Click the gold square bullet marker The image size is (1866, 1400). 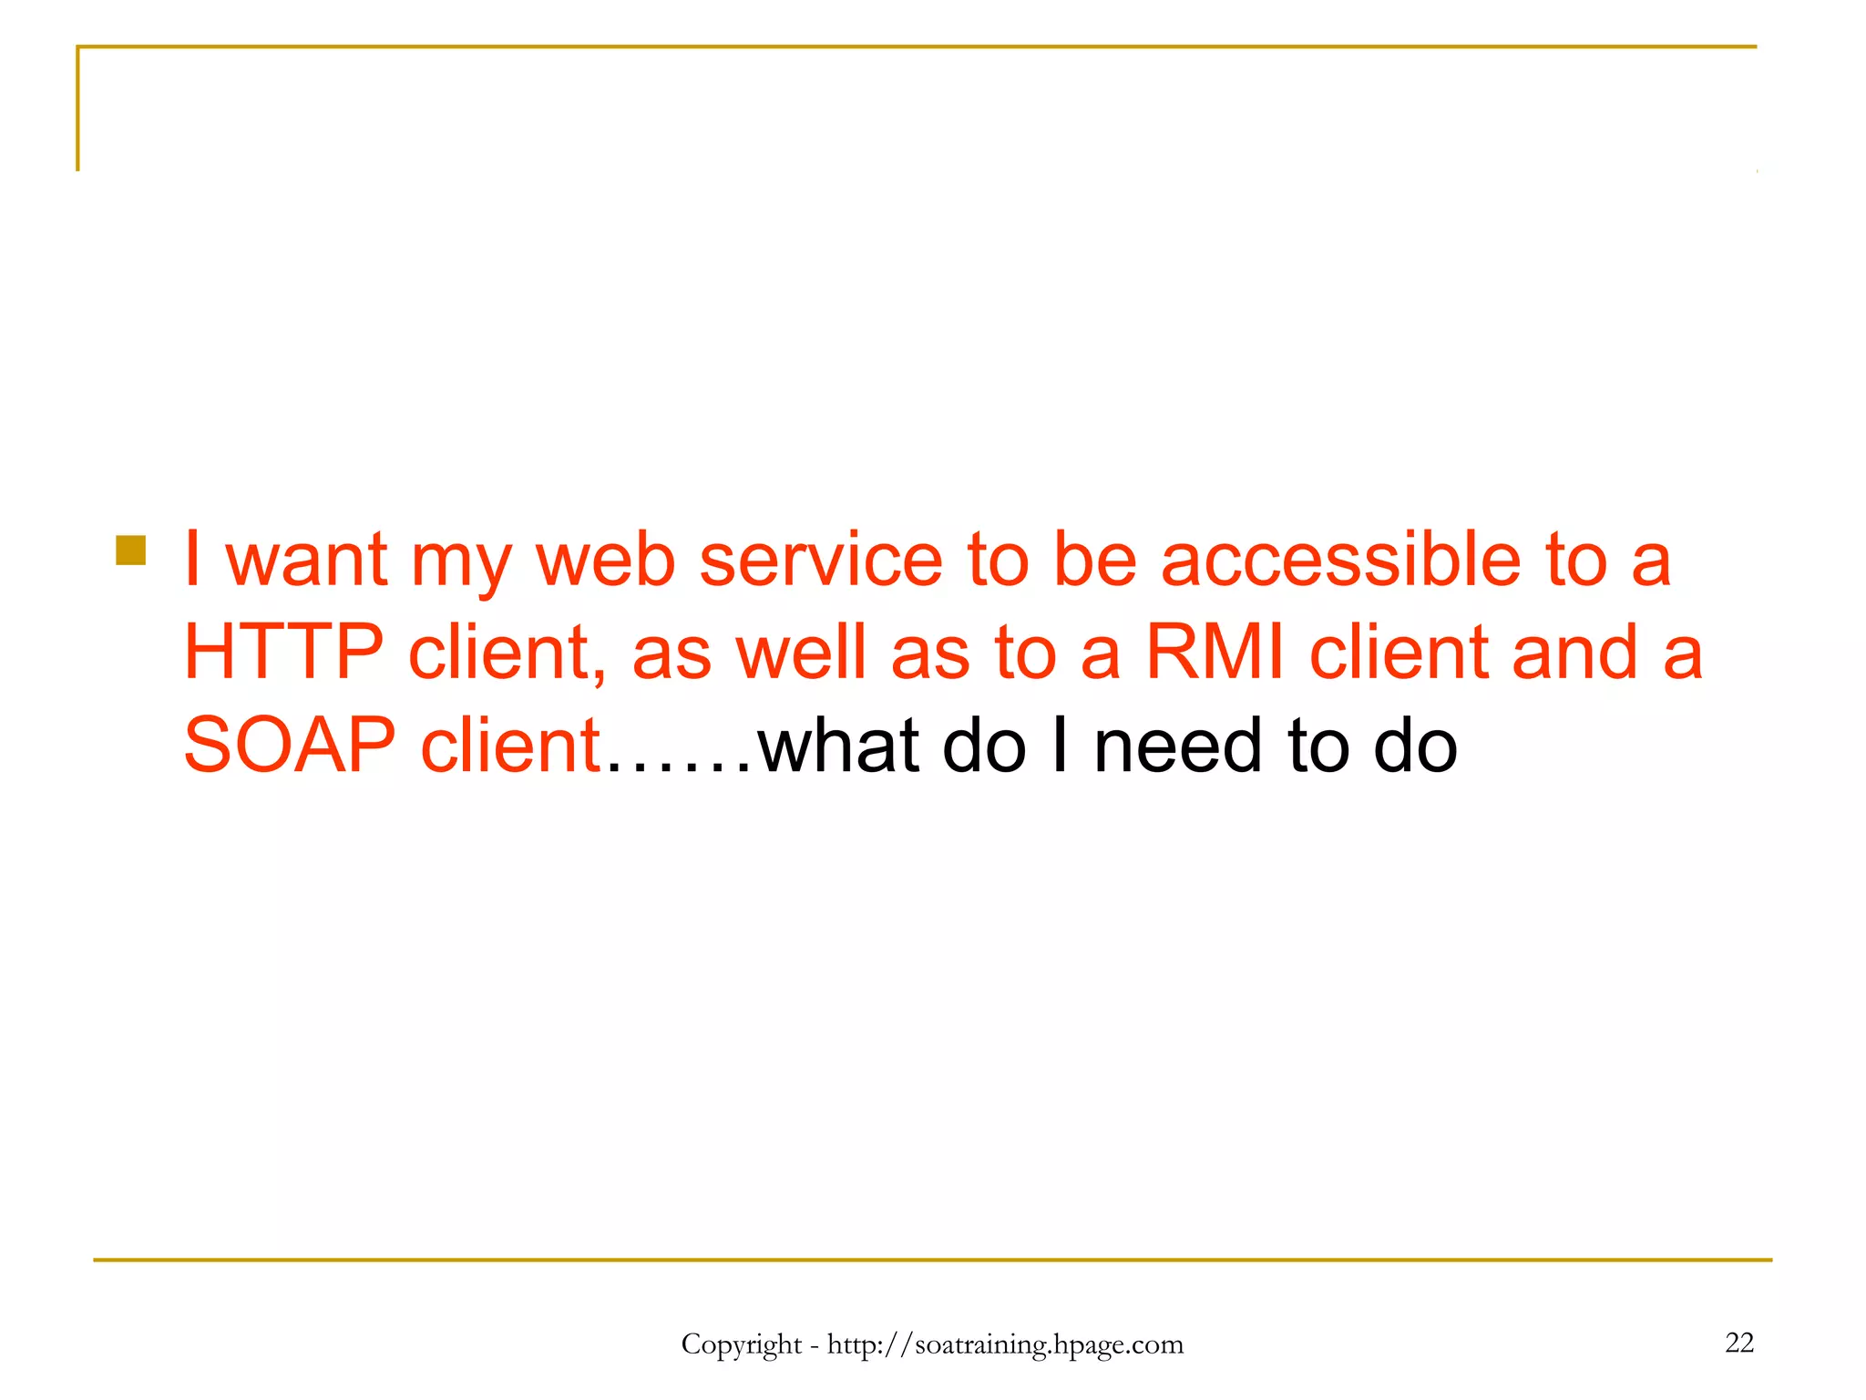click(x=131, y=551)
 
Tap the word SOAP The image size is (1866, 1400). click(x=290, y=746)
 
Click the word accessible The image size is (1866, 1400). click(x=1339, y=560)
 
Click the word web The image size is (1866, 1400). click(x=605, y=560)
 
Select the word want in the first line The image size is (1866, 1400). click(x=306, y=560)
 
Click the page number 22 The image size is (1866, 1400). click(x=1738, y=1343)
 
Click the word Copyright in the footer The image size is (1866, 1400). click(x=741, y=1344)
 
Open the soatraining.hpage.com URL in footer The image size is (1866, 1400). click(x=1005, y=1344)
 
